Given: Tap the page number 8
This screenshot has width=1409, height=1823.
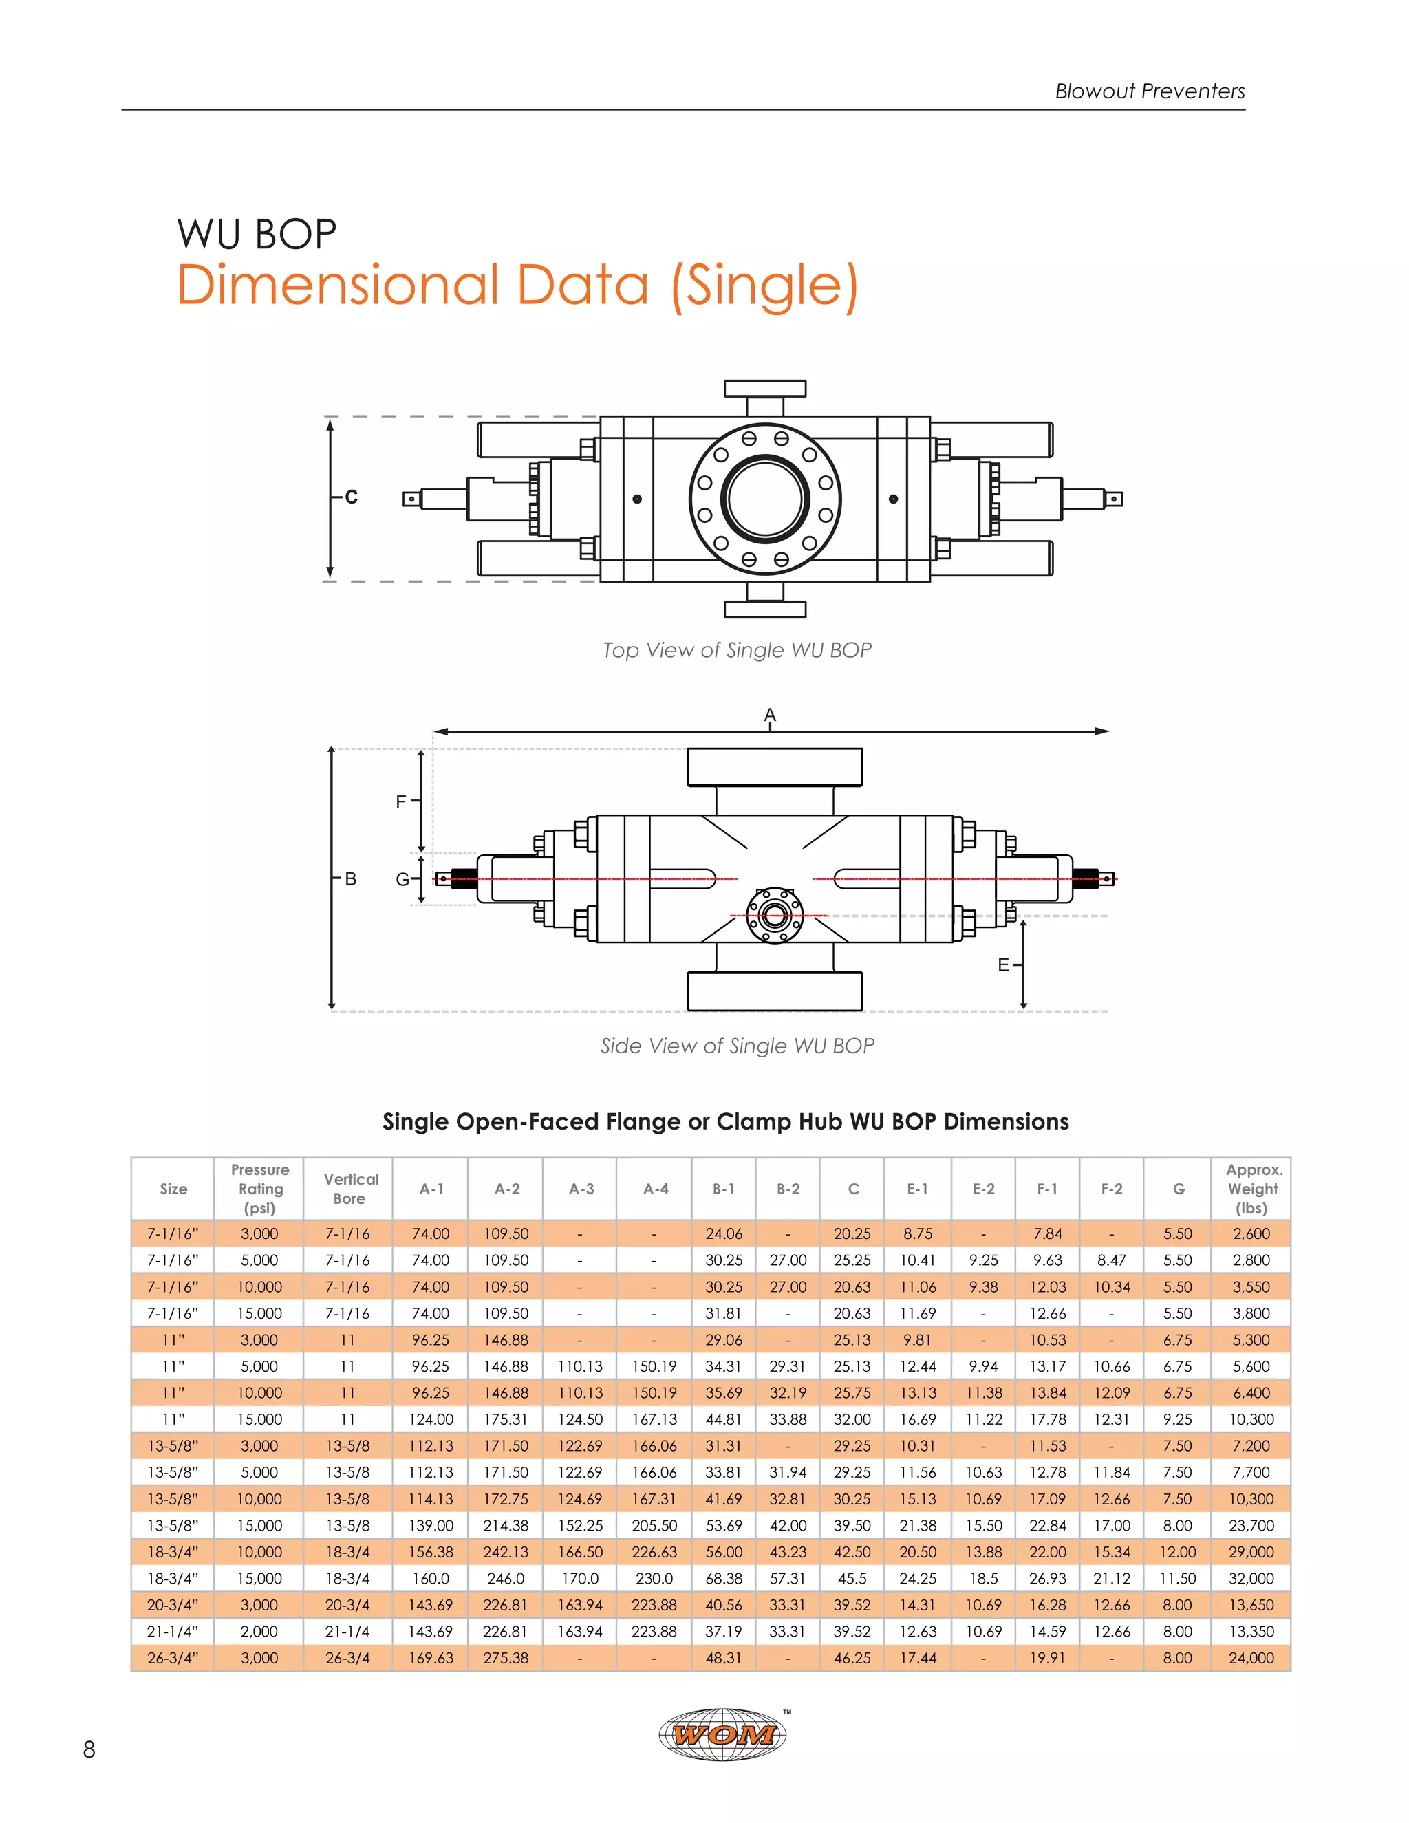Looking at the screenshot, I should tap(89, 1749).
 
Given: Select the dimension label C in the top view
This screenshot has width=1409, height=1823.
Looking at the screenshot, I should tap(352, 497).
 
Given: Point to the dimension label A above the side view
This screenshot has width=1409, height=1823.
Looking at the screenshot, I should tap(770, 715).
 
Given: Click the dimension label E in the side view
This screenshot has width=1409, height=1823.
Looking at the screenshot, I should tap(1003, 965).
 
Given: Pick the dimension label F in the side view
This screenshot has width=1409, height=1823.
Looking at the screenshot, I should tap(400, 801).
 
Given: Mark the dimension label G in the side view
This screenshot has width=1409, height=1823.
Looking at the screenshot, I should tap(402, 880).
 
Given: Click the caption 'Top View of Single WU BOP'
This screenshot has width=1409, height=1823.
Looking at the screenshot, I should tap(737, 650).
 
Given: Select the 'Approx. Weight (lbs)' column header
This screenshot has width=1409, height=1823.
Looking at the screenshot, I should tap(1252, 1189).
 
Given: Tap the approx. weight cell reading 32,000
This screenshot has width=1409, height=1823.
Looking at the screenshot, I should tap(1251, 1578).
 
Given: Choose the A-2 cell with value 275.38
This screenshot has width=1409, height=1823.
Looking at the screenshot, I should tap(506, 1658).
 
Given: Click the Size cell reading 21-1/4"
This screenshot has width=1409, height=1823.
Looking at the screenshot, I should tap(173, 1631).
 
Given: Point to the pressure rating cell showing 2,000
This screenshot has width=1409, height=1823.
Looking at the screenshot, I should tap(259, 1631).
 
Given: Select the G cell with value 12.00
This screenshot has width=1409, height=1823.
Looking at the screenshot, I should tap(1178, 1552).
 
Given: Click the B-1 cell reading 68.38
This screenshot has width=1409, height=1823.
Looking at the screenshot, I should tap(724, 1578).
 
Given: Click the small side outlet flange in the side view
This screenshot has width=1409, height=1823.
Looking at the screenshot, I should tap(775, 916).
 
